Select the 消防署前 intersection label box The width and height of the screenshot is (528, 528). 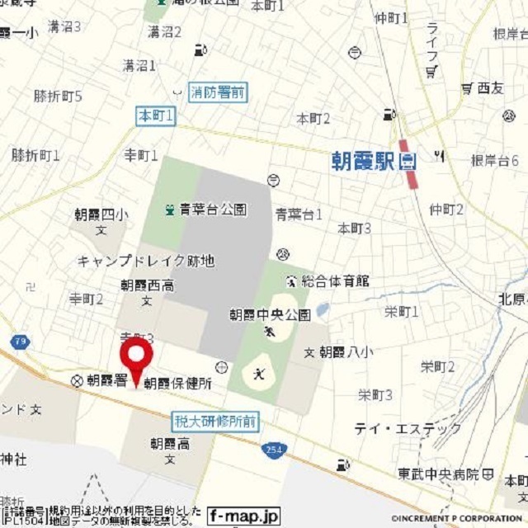pyautogui.click(x=218, y=92)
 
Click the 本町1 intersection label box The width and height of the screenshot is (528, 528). pyautogui.click(x=156, y=118)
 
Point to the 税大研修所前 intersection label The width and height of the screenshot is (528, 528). pyautogui.click(x=215, y=422)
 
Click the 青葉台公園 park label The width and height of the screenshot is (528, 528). pyautogui.click(x=212, y=210)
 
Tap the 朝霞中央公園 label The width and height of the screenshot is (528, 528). pyautogui.click(x=269, y=314)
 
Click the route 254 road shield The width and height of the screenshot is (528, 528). pyautogui.click(x=274, y=450)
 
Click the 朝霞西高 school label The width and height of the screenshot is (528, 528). pyautogui.click(x=147, y=286)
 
